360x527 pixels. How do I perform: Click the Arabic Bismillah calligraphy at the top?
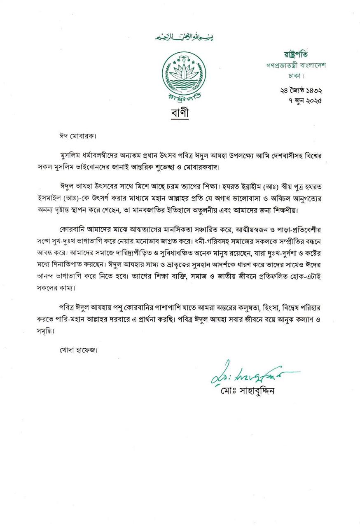pyautogui.click(x=184, y=37)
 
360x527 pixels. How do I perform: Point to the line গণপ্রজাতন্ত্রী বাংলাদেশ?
pyautogui.click(x=295, y=65)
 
